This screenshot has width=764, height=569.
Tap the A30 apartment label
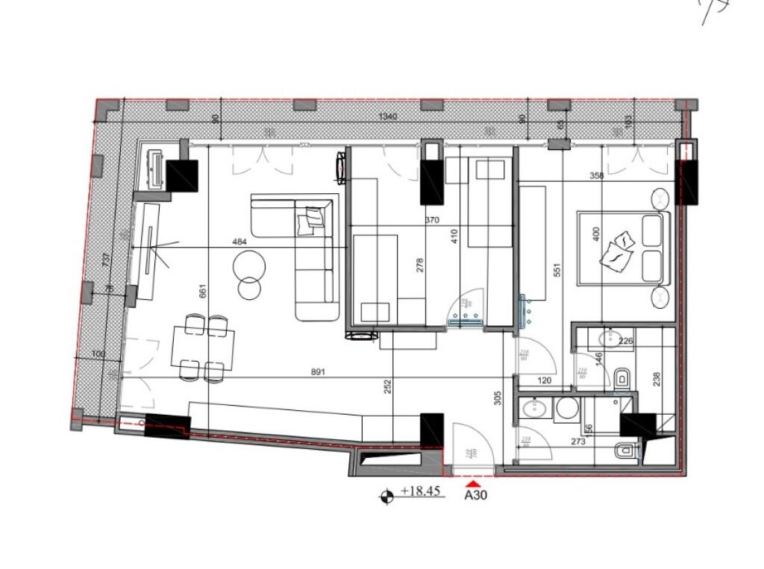click(475, 494)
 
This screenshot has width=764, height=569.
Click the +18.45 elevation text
click(422, 491)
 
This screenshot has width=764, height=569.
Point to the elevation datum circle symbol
click(386, 495)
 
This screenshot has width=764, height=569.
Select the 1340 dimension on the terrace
click(387, 117)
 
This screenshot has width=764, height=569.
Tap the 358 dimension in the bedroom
click(595, 177)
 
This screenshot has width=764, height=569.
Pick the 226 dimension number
click(625, 342)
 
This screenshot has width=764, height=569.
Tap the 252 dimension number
click(387, 387)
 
